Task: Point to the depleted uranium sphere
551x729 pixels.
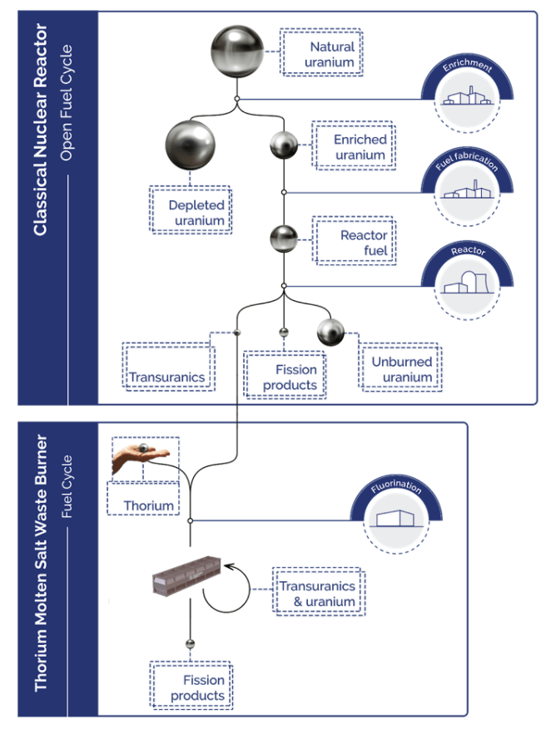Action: [x=191, y=146]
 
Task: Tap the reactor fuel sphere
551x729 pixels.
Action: [x=284, y=239]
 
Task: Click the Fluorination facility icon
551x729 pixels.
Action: [x=395, y=520]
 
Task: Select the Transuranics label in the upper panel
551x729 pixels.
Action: [x=167, y=377]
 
